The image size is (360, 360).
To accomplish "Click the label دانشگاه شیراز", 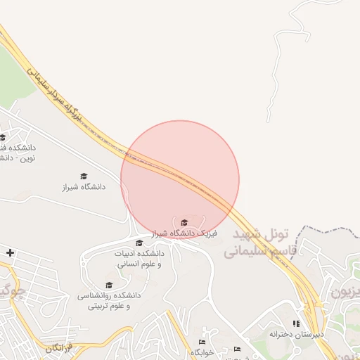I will [x=83, y=187].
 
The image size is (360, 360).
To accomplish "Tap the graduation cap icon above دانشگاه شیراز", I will [x=84, y=176].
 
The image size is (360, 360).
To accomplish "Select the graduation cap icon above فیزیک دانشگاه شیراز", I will [x=185, y=222].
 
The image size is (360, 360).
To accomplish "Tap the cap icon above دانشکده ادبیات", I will [x=139, y=243].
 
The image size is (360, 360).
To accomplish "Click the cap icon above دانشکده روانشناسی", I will [x=109, y=285].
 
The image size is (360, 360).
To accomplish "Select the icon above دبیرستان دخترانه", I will [x=296, y=323].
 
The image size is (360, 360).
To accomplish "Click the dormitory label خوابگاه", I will [x=203, y=352].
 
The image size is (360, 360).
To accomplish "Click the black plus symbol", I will [x=10, y=252].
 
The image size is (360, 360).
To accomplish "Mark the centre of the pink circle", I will [x=180, y=179].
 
